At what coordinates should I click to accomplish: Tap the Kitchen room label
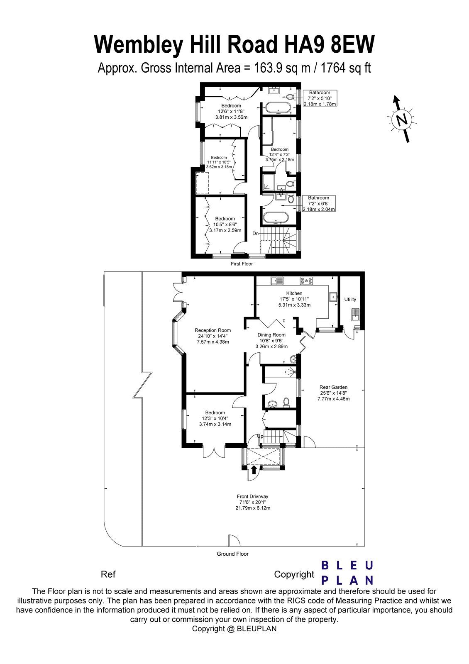tap(294, 293)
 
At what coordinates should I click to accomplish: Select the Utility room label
tap(350, 299)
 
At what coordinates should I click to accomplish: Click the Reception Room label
tap(213, 330)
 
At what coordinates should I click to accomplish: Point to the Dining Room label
tap(271, 335)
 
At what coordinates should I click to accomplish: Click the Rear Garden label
tap(334, 387)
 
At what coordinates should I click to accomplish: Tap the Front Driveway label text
tap(253, 496)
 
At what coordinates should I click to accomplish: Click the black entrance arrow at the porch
tap(254, 469)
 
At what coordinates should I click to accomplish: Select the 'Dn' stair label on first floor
tap(256, 234)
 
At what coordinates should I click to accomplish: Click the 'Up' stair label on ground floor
tap(261, 436)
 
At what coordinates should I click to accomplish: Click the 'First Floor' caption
tap(242, 264)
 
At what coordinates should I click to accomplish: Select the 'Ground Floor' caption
tap(232, 554)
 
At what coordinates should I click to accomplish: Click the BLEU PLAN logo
tap(348, 572)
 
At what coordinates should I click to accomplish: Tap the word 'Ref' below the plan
tap(108, 574)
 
